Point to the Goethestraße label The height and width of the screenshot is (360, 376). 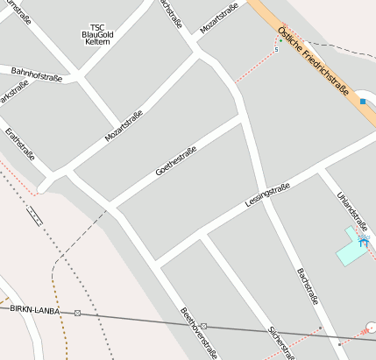[x=175, y=160]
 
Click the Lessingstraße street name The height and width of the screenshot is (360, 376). [x=268, y=196]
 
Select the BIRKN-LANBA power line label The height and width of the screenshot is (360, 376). [x=36, y=310]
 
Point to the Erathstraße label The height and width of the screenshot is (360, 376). [x=19, y=145]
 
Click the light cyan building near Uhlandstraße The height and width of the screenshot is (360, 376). [x=352, y=251]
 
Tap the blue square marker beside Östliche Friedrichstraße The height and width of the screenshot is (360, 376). [x=363, y=102]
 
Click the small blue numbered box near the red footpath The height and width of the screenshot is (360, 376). [x=277, y=49]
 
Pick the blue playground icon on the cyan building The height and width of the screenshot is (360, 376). [x=364, y=239]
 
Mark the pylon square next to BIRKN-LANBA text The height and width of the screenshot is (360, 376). [x=78, y=313]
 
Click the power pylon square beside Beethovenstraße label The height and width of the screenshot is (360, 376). [x=203, y=326]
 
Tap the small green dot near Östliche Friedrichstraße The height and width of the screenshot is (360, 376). [x=280, y=39]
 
